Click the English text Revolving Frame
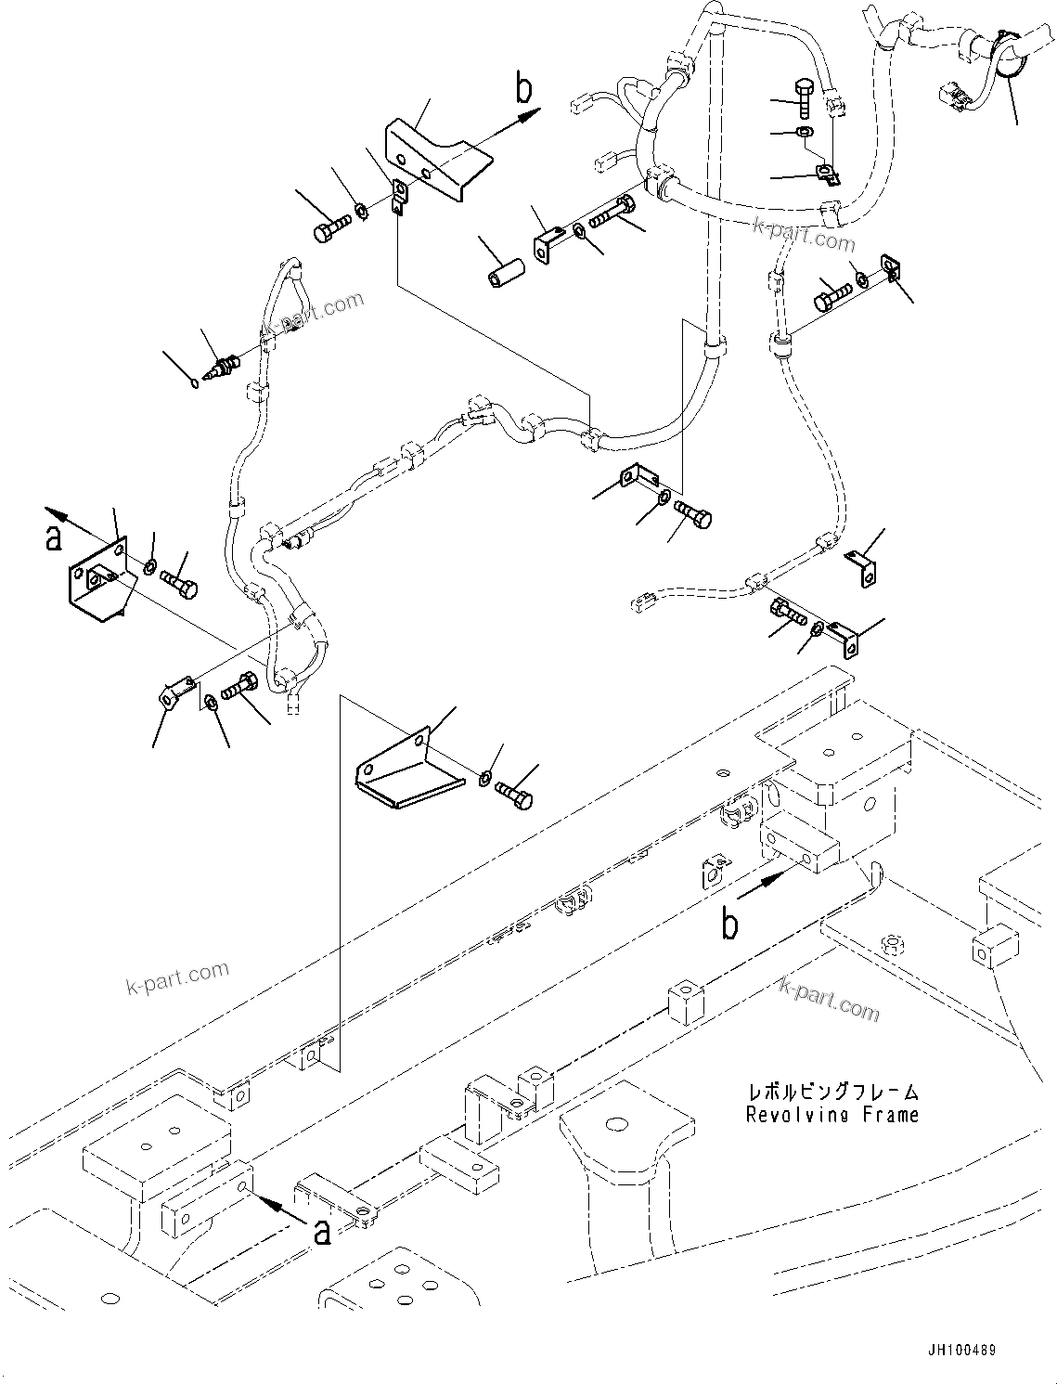[x=831, y=1115]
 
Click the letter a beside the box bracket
[x=54, y=537]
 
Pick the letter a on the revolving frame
[x=321, y=1232]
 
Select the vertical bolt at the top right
[x=805, y=97]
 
